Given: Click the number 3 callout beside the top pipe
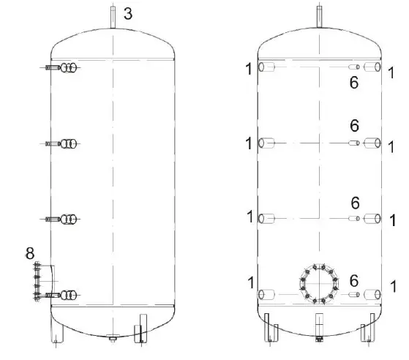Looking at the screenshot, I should point(128,13).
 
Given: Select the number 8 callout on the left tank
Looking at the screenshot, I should point(30,253).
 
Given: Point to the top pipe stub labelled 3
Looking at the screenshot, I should point(113,16).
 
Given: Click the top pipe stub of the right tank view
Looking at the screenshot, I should point(319,16).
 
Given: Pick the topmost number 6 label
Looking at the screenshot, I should point(354,83).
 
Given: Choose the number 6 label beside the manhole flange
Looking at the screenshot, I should point(354,281).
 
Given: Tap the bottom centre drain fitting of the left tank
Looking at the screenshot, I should point(111,338).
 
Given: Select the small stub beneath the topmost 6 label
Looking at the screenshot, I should point(354,68).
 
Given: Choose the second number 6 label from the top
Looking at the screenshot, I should point(354,126).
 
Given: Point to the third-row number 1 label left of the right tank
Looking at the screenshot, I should point(249,217).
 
